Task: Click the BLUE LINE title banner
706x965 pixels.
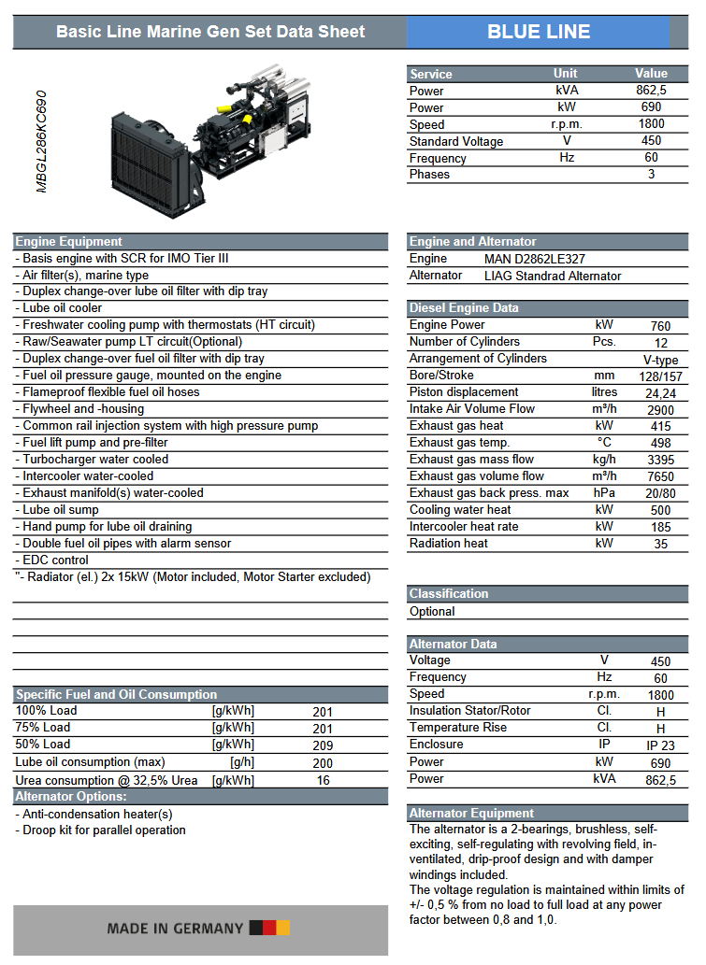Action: click(539, 32)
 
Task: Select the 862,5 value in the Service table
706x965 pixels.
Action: click(651, 91)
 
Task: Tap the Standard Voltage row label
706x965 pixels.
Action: click(456, 141)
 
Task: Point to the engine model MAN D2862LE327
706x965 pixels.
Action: click(535, 259)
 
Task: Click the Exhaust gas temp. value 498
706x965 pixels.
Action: click(661, 443)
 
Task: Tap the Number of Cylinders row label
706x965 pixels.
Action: click(465, 342)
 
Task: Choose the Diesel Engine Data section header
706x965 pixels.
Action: click(464, 308)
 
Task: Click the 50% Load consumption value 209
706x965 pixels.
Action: click(323, 746)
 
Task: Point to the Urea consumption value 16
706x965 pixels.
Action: click(323, 780)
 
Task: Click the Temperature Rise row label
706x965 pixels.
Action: click(458, 728)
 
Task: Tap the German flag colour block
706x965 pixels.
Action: click(269, 929)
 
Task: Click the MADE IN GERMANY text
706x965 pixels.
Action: click(175, 929)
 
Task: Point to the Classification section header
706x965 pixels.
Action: click(449, 594)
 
